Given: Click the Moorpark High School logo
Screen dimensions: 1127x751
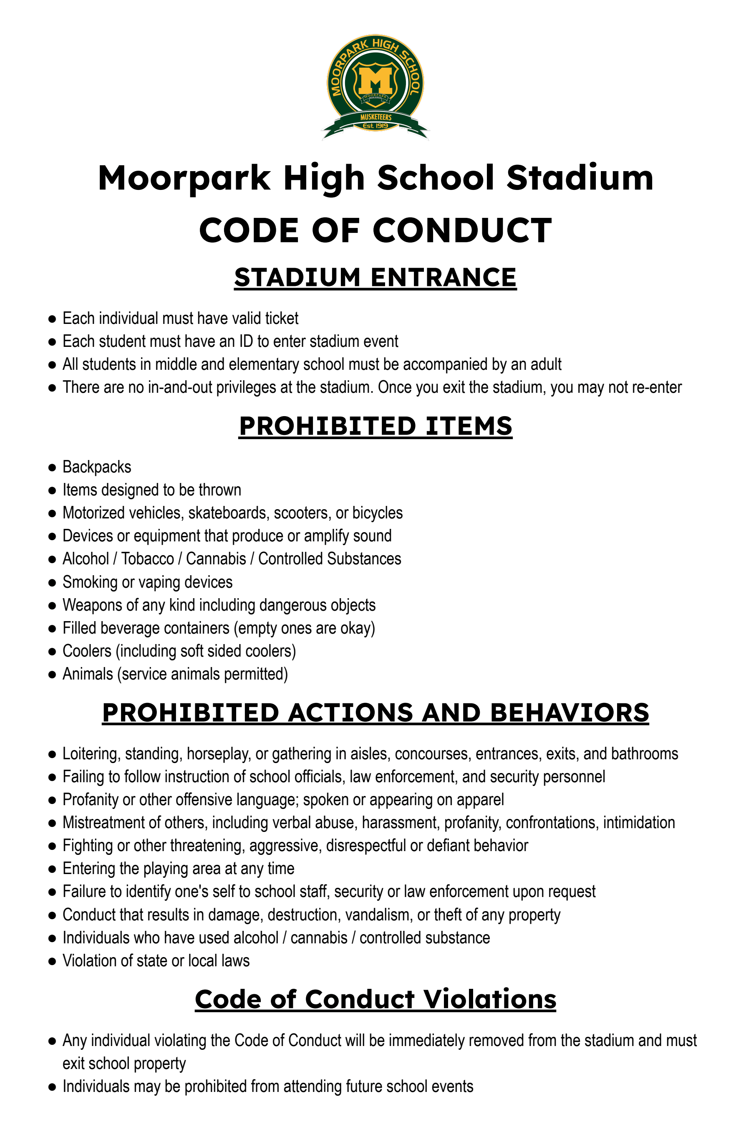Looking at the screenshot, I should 375,86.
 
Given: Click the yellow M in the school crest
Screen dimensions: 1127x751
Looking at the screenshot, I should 375,80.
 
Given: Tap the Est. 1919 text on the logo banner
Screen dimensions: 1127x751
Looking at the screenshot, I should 375,126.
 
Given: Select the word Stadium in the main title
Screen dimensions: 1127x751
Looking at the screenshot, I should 580,178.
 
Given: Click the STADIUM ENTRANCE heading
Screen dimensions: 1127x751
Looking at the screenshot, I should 375,278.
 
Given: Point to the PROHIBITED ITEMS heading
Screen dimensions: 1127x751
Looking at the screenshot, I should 375,426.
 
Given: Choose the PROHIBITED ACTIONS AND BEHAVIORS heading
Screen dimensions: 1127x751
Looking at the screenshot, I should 375,713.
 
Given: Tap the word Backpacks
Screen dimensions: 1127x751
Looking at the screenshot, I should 97,467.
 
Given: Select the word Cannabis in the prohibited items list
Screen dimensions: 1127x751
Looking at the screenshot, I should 216,559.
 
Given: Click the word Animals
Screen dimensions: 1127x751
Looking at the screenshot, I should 88,674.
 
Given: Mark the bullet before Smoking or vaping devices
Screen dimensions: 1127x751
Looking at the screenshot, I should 52,583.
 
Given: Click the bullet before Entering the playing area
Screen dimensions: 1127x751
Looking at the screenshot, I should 52,869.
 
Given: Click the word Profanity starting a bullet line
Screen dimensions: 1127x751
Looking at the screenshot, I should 91,800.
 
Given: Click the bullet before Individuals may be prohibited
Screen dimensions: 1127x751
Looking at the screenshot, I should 52,1087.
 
